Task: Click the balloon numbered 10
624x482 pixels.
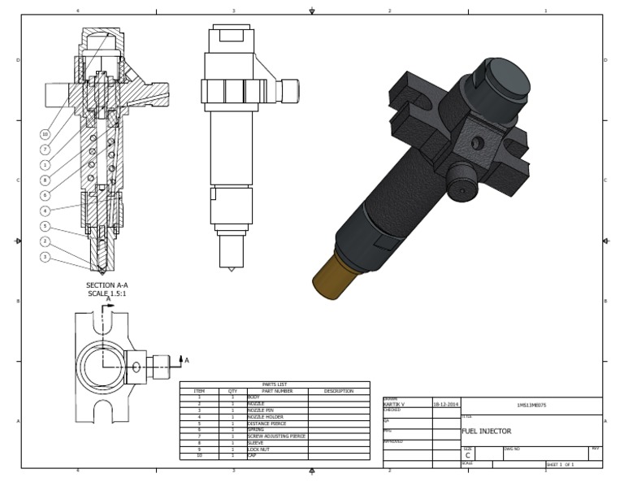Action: (x=45, y=134)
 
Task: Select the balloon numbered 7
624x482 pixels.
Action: (x=45, y=150)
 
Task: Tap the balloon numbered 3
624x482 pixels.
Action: (x=45, y=257)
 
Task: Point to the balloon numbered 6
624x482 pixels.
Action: (x=45, y=196)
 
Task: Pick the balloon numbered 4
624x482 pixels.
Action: (x=45, y=211)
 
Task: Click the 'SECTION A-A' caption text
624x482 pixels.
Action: (x=108, y=285)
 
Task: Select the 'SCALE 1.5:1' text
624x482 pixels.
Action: (x=108, y=293)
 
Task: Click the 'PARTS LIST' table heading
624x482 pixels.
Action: (x=274, y=384)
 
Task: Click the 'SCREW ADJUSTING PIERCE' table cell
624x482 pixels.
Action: (x=276, y=436)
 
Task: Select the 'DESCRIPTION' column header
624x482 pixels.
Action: (x=339, y=391)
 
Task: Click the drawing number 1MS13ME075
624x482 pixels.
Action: (x=531, y=403)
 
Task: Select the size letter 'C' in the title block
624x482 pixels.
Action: (x=467, y=455)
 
